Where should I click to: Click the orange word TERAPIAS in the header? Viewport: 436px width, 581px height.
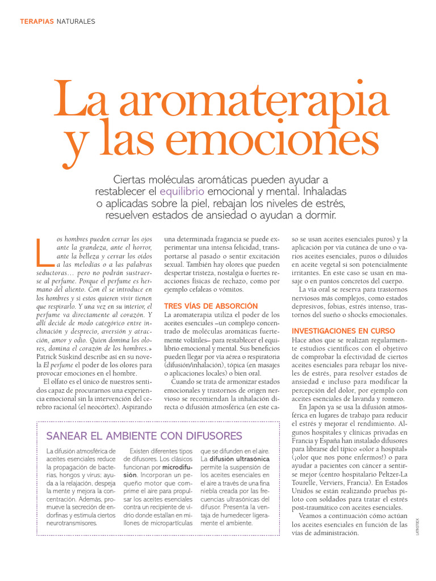click(36, 22)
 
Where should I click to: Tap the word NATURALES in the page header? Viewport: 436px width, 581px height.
click(76, 22)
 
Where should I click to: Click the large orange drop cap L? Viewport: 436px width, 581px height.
click(44, 251)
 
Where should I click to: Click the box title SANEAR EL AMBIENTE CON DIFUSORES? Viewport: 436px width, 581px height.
click(144, 436)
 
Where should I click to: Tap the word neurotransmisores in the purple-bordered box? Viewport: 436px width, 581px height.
click(73, 523)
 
